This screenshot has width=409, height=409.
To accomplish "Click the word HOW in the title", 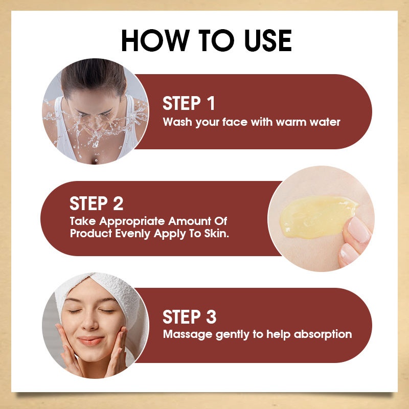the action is click(155, 40).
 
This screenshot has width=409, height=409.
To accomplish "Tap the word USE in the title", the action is click(268, 40).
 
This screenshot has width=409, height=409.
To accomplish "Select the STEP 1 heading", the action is click(189, 103).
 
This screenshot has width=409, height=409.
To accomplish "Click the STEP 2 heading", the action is click(96, 203).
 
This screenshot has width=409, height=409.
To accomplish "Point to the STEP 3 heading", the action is click(189, 317).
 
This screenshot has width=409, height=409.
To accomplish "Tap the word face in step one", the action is click(235, 122).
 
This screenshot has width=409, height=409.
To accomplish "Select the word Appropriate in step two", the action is click(132, 222).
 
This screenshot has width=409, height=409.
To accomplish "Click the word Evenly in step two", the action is click(132, 234).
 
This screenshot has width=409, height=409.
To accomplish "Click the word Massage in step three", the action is click(188, 334).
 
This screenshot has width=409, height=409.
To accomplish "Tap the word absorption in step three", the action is click(323, 334).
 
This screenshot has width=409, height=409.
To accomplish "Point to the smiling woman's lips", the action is click(90, 340).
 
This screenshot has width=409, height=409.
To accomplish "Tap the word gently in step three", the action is click(232, 335).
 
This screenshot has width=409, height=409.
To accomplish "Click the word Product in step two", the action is click(91, 234).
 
